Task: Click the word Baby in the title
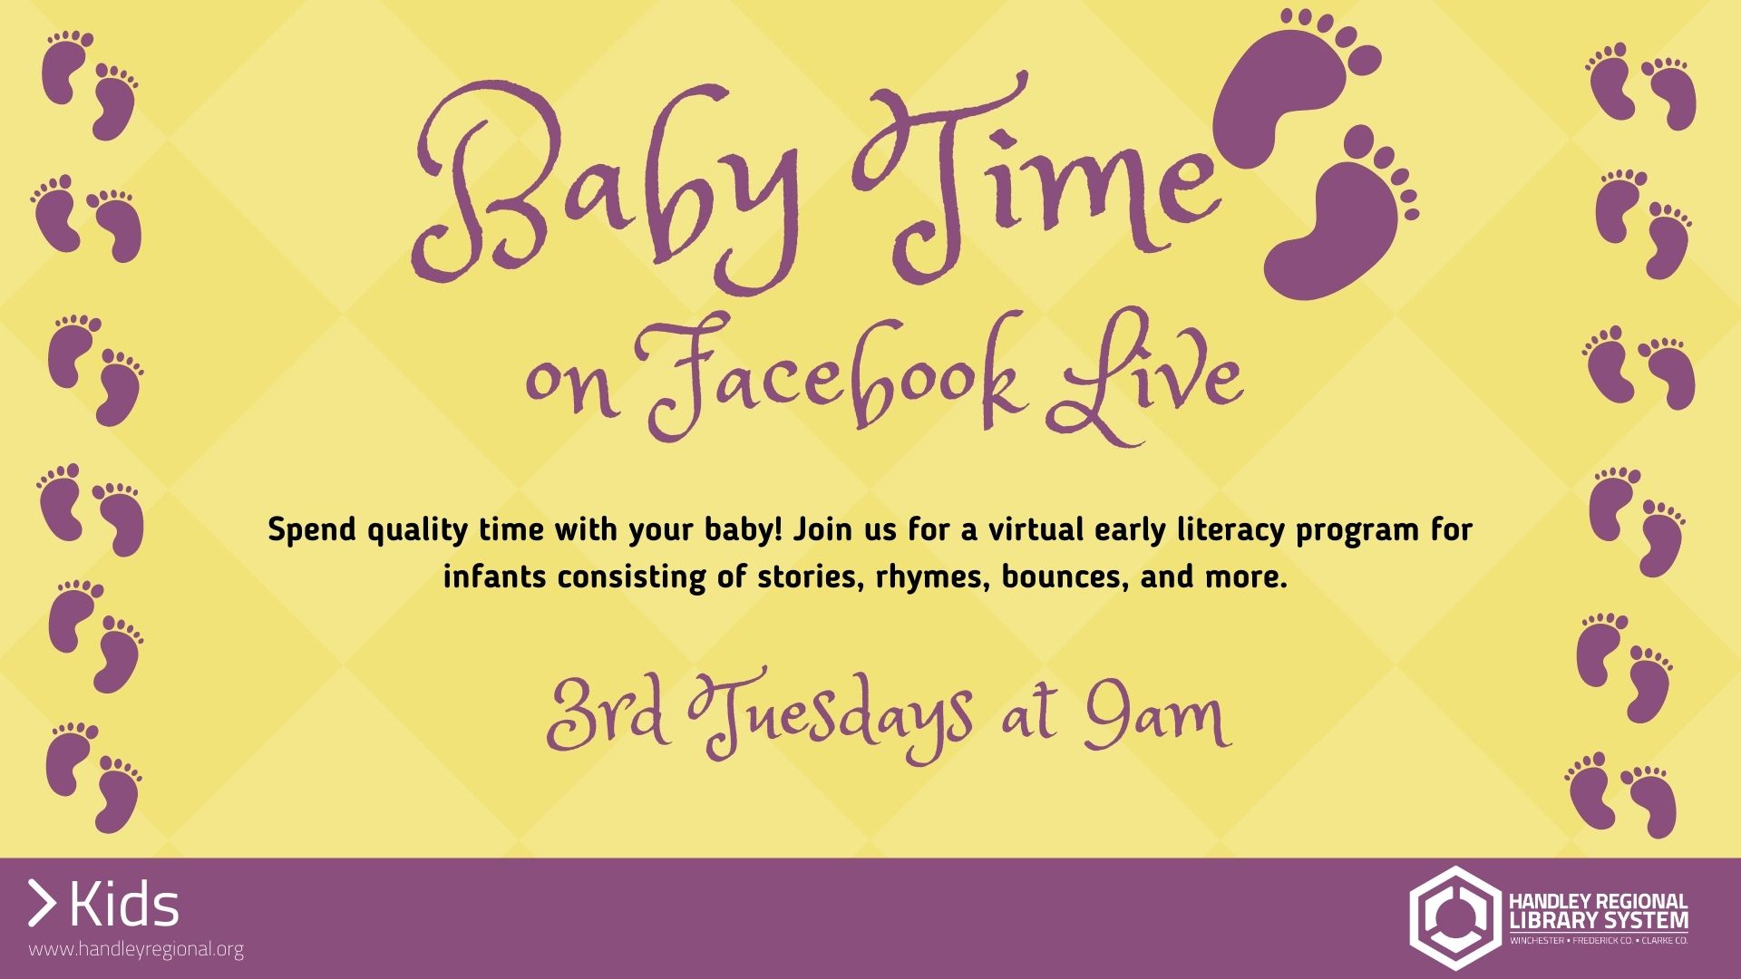(603, 181)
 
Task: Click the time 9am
(1157, 716)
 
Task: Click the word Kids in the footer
(124, 905)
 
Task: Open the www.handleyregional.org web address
(136, 950)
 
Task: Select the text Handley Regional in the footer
(1599, 902)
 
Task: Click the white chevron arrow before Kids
(42, 903)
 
